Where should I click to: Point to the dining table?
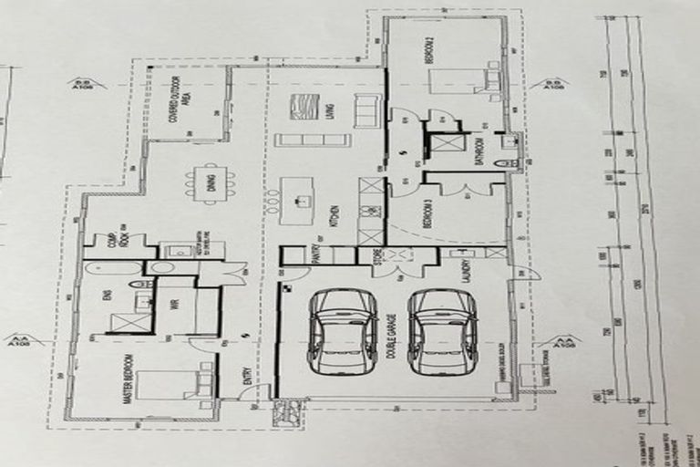point(211,183)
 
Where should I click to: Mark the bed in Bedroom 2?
point(465,81)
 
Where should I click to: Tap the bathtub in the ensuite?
point(113,269)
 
